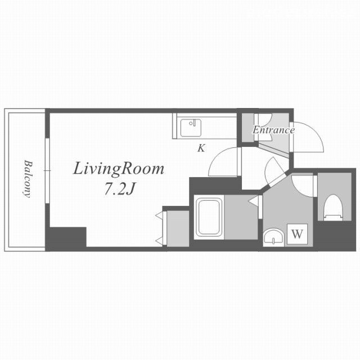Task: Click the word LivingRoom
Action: [x=119, y=170]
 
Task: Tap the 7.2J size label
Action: [x=119, y=190]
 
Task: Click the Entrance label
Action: [x=273, y=130]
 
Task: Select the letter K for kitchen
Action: [x=201, y=148]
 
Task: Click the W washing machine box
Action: [x=298, y=234]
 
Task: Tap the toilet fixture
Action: [x=333, y=208]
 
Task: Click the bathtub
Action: [x=209, y=218]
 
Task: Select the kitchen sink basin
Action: [x=191, y=128]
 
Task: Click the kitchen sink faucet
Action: [x=193, y=123]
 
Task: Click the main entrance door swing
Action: [x=308, y=137]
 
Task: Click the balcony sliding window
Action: [x=47, y=170]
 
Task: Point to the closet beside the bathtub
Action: [x=178, y=229]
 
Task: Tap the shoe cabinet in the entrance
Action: [x=247, y=128]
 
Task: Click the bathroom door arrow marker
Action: [x=253, y=201]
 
